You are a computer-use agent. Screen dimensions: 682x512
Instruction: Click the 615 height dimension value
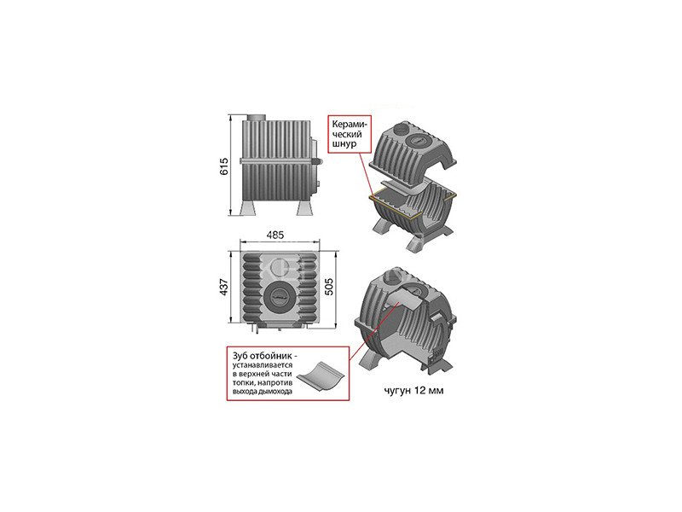coord(224,166)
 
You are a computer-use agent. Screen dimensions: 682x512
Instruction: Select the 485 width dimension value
coord(275,235)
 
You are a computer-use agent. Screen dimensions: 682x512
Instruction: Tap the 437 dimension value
coord(224,287)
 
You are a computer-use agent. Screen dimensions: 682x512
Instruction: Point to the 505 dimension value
coord(329,287)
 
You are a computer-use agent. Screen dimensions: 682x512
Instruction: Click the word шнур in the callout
coord(344,143)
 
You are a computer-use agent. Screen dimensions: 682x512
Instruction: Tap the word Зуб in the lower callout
coord(241,355)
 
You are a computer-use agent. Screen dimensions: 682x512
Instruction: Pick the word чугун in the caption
coord(396,391)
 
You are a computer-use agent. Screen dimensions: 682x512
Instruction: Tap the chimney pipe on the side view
coord(257,118)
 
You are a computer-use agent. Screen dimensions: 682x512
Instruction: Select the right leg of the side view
coord(304,207)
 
